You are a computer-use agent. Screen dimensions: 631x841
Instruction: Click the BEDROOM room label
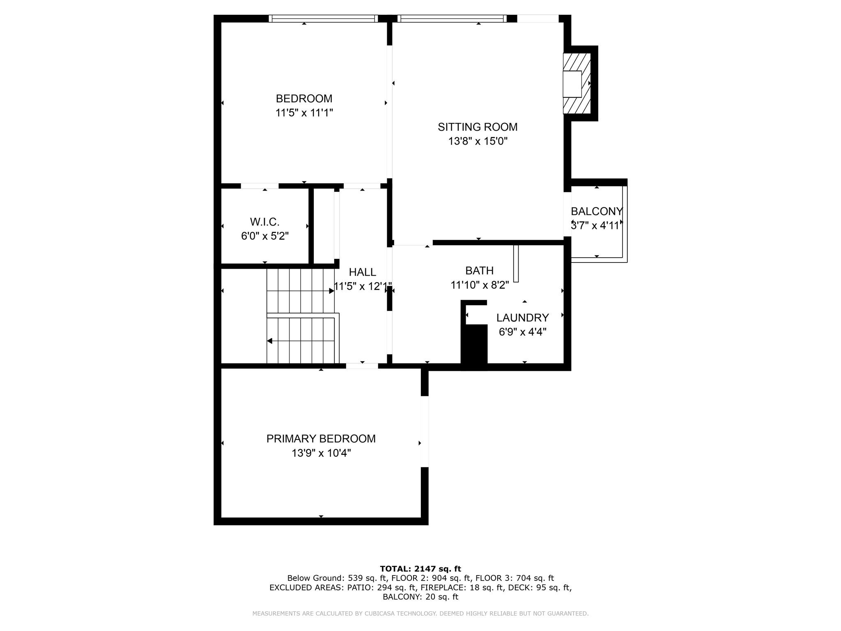click(304, 99)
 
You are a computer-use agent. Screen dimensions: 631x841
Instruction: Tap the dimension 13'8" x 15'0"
click(478, 141)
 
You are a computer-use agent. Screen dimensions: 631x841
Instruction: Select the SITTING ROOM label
click(478, 127)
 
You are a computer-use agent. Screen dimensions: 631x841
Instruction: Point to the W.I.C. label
click(264, 222)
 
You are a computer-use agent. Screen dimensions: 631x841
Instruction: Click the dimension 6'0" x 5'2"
click(264, 236)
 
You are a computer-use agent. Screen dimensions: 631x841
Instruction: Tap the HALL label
click(362, 272)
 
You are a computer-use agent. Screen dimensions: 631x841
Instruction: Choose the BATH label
click(479, 271)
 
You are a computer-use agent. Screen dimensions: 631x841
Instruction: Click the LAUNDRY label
click(522, 318)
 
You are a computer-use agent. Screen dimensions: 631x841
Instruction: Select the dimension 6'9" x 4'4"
click(522, 332)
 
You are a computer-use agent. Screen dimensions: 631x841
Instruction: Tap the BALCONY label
click(596, 211)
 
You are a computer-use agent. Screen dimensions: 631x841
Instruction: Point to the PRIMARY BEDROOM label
click(321, 439)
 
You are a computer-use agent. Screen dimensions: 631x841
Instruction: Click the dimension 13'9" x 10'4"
click(321, 453)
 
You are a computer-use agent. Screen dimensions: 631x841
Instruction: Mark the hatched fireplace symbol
click(577, 83)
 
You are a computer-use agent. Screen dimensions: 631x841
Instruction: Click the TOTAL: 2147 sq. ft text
click(420, 569)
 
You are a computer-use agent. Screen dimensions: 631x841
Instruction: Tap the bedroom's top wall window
click(323, 18)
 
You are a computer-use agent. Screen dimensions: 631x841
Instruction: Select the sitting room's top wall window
click(452, 18)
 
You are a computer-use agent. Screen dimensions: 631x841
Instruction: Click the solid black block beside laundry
click(474, 345)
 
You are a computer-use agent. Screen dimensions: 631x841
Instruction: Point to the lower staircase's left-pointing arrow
click(270, 341)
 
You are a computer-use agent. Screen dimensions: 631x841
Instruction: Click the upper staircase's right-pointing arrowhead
click(331, 291)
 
